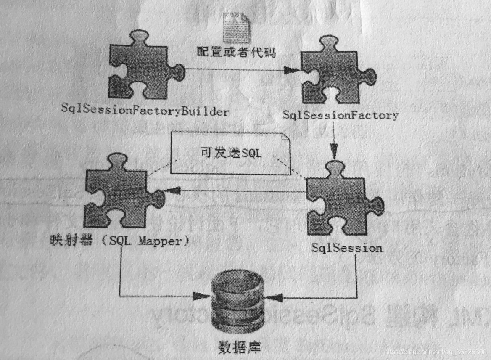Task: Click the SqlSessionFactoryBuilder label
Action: click(145, 111)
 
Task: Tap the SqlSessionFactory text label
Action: click(341, 115)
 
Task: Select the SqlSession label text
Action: click(347, 247)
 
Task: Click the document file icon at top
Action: click(236, 26)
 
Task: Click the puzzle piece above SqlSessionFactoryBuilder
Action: click(143, 67)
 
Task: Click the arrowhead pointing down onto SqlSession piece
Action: click(334, 151)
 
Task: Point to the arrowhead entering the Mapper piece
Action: click(173, 191)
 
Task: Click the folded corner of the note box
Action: click(285, 138)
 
